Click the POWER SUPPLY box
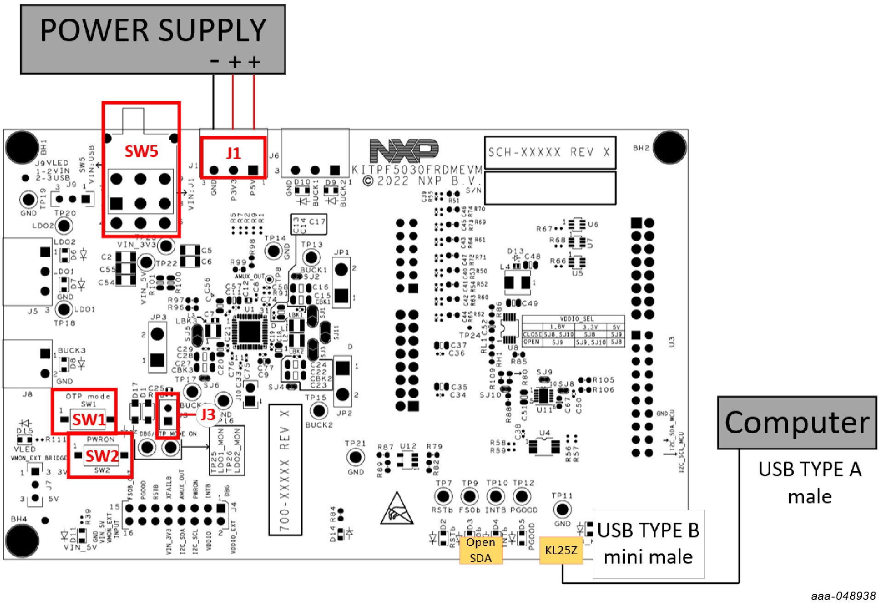click(153, 39)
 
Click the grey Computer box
click(797, 423)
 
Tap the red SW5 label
click(141, 151)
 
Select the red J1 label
click(233, 153)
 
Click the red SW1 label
click(89, 419)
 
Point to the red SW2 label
click(102, 456)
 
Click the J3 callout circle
click(207, 415)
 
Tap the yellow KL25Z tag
click(561, 550)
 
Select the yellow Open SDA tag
click(481, 550)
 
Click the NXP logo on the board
click(404, 150)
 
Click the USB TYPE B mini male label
click(648, 543)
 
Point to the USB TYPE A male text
click(809, 482)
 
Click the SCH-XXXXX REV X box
click(550, 152)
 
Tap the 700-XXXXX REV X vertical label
click(285, 469)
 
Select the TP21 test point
click(355, 457)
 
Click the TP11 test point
click(562, 509)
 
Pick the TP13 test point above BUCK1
click(312, 257)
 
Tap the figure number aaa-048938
click(843, 596)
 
